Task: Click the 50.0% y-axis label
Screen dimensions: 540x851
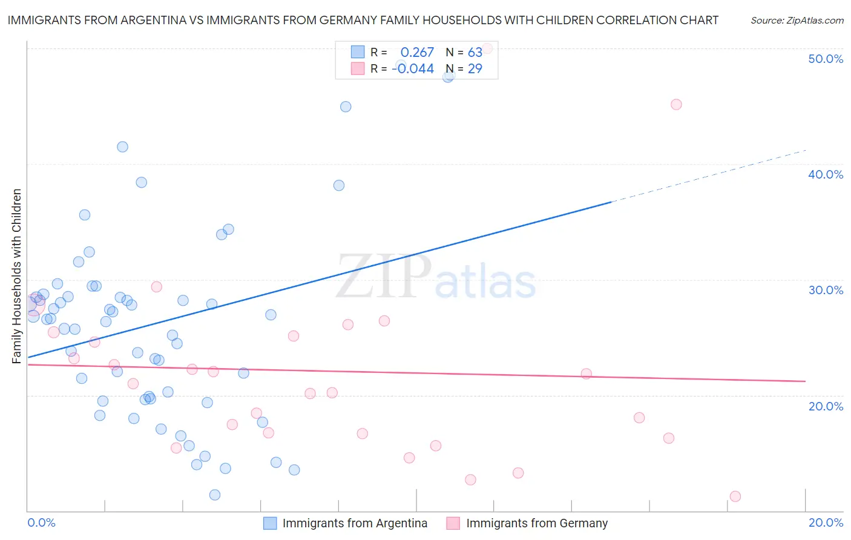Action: click(x=825, y=59)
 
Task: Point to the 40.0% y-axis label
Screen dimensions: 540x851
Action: click(x=825, y=174)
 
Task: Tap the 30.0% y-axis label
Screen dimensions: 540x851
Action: click(x=825, y=290)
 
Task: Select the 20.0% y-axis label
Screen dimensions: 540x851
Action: click(x=825, y=406)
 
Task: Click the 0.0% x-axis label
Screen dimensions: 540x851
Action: click(x=41, y=522)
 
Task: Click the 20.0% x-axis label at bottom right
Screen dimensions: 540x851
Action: click(x=825, y=522)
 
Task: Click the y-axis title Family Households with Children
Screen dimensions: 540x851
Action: click(x=16, y=276)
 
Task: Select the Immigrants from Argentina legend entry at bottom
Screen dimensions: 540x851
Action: click(x=354, y=523)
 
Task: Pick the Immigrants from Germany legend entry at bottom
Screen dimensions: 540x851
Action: click(x=536, y=523)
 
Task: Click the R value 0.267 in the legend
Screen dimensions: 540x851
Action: click(x=417, y=53)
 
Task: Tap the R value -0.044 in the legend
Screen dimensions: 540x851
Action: click(x=413, y=69)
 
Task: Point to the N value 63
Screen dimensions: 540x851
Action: click(x=475, y=53)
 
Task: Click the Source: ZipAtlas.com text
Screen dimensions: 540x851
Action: click(x=797, y=21)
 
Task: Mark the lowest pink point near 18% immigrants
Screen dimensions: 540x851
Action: click(x=735, y=496)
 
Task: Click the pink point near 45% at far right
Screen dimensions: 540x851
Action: click(x=676, y=104)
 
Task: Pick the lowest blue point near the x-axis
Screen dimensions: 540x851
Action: click(x=214, y=495)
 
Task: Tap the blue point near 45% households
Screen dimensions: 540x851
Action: click(x=346, y=107)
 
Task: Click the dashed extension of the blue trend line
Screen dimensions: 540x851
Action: click(x=708, y=176)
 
